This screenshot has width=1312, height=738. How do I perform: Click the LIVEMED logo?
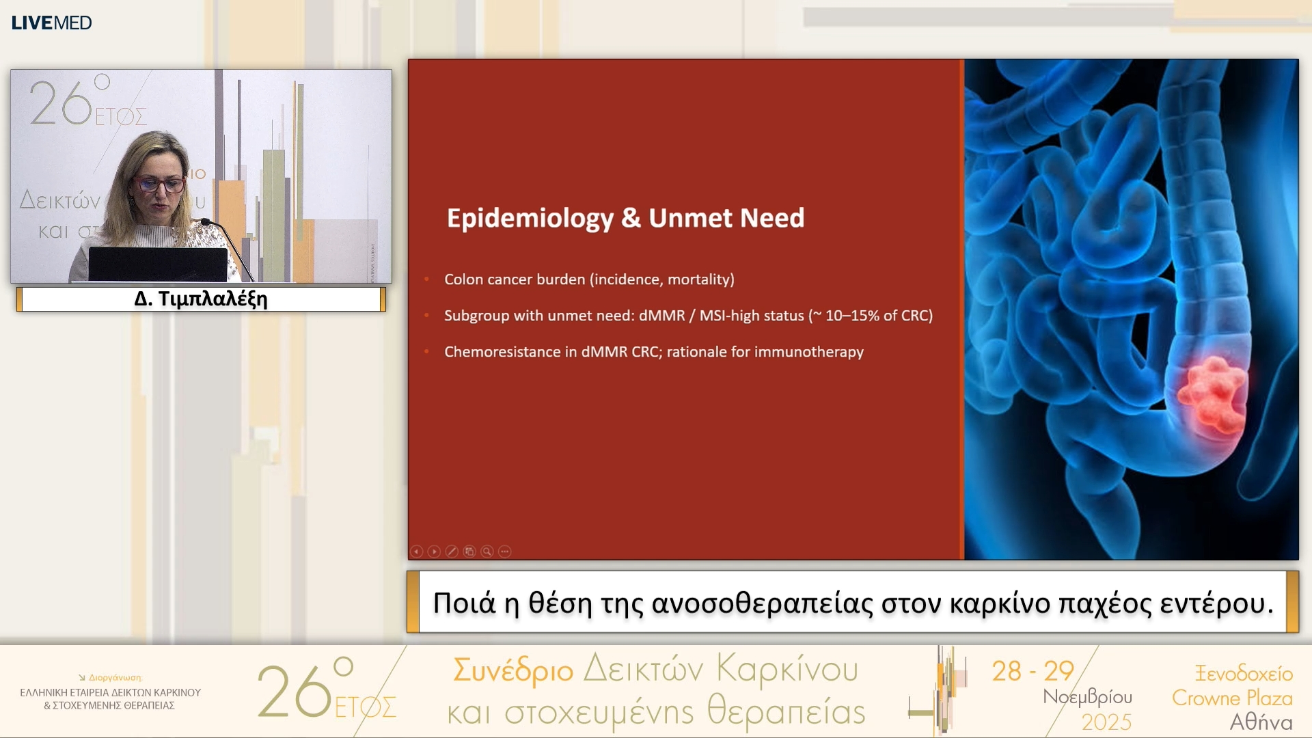point(51,23)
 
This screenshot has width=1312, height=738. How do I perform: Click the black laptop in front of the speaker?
point(158,264)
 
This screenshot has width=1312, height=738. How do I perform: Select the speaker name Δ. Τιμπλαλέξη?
point(201,299)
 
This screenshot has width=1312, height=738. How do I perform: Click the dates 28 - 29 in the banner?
point(1033,671)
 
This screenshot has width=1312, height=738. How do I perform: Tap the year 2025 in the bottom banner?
point(1106,722)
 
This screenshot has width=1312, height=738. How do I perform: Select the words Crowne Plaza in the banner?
point(1232,698)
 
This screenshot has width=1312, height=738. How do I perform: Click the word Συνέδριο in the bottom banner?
point(513,670)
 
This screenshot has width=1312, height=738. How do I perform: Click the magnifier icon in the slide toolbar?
point(487,551)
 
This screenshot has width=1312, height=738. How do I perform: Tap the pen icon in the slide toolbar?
point(452,551)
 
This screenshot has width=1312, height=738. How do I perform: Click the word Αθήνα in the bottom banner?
point(1261,722)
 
